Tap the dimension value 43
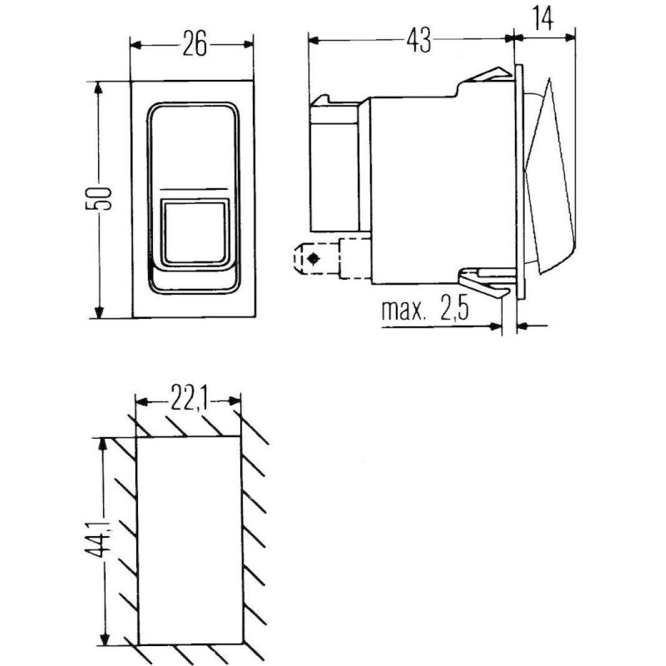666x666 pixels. point(419,41)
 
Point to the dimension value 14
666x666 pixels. point(543,19)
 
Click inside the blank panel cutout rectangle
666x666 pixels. point(189,540)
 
